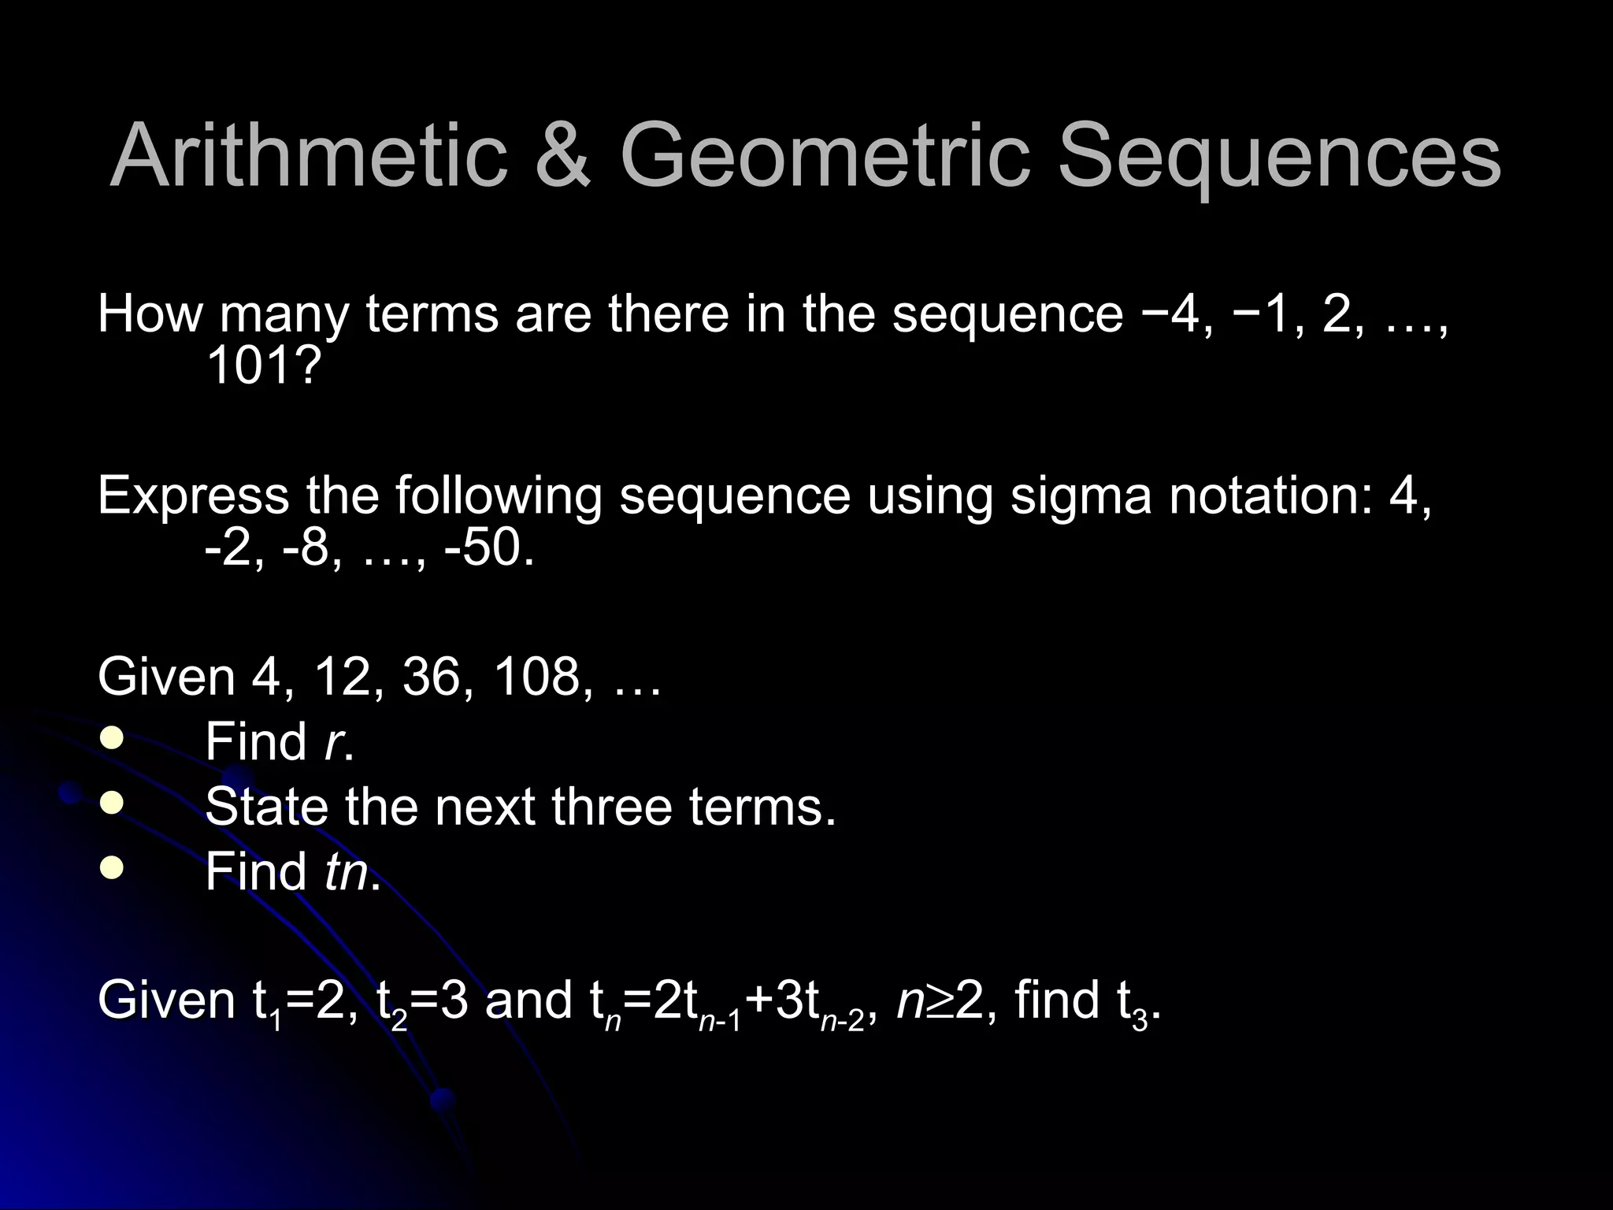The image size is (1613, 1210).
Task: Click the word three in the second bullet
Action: (x=611, y=807)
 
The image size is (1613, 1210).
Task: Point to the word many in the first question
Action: (x=284, y=315)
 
